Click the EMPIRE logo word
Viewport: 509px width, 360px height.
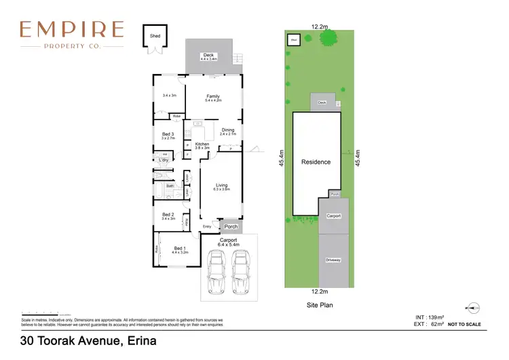pos(71,29)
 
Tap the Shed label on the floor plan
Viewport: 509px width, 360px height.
pos(154,35)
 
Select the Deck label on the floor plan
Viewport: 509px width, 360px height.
pos(208,55)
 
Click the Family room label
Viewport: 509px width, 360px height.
pos(213,96)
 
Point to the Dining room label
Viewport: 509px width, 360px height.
pos(228,130)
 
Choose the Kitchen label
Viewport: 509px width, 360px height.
pos(202,144)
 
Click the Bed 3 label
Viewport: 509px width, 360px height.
pos(168,134)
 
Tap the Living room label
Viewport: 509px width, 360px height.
pos(222,185)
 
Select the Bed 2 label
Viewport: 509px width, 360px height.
pos(168,215)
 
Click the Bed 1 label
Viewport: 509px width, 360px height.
pos(180,248)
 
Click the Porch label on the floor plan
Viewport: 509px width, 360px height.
pos(231,227)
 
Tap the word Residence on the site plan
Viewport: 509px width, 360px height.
pos(316,162)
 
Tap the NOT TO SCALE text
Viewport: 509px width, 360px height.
pos(465,325)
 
